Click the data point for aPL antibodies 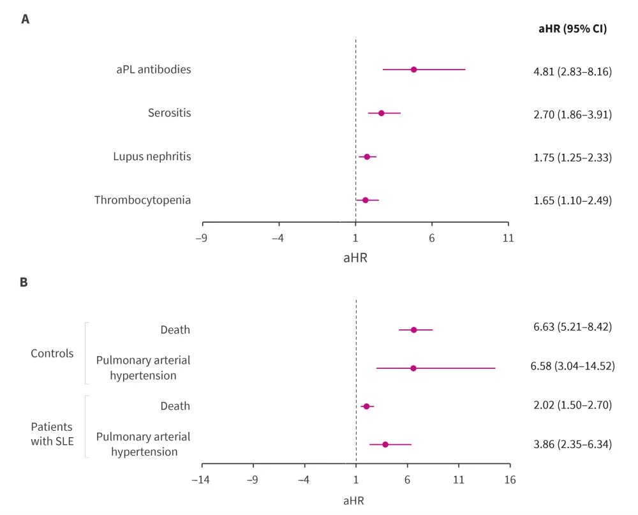413,70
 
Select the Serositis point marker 382,113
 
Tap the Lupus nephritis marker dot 367,156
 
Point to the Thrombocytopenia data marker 366,200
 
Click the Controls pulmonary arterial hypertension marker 413,368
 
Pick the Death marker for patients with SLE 366,406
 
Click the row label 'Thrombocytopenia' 142,200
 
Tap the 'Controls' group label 52,354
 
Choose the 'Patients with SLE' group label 52,433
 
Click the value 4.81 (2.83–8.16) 572,71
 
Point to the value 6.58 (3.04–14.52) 572,368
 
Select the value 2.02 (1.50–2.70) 572,406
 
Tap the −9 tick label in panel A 202,238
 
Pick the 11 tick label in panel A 508,238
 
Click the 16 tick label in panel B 509,479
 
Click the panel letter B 24,281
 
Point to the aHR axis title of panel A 355,258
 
